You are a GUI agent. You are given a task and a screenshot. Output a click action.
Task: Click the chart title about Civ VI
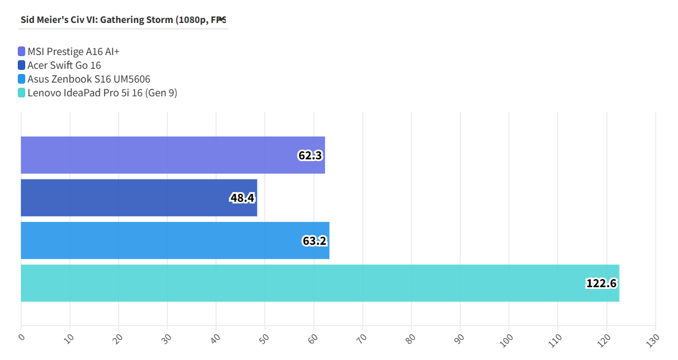point(123,19)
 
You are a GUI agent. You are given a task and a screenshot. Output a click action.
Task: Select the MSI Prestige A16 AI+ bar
point(173,155)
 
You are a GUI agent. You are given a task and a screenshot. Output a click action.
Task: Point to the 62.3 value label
point(310,155)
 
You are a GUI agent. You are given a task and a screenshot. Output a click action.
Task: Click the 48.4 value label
point(242,198)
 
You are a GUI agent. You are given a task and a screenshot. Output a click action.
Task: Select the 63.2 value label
point(315,241)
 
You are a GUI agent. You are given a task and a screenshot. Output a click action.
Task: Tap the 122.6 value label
point(601,283)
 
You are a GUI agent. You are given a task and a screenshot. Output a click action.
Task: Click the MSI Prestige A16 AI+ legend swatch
point(22,52)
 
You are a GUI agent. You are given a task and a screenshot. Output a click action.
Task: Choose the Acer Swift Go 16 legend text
point(64,65)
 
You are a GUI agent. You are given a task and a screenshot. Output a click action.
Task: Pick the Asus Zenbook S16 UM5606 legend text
point(89,79)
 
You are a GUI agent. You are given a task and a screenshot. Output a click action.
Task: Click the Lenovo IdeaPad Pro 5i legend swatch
point(22,93)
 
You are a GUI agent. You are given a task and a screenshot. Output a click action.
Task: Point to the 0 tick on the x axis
point(21,337)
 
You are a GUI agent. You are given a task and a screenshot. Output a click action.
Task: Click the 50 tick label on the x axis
point(264,338)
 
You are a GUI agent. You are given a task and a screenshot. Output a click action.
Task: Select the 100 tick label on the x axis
point(507,340)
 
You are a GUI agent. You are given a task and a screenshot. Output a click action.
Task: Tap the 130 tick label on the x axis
point(653,340)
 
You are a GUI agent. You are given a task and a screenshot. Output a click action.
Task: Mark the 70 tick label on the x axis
point(362,338)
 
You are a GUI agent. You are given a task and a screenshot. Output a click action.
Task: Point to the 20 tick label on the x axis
point(117,338)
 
